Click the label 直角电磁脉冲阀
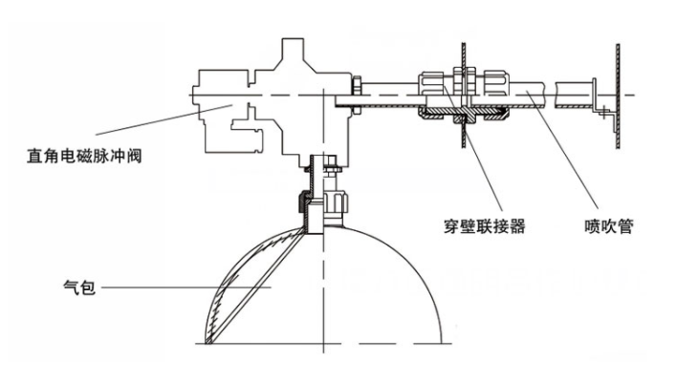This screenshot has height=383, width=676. point(84,156)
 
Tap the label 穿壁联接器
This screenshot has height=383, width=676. point(485,225)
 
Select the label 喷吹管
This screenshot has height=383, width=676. point(609,225)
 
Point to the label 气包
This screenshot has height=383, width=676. point(79,287)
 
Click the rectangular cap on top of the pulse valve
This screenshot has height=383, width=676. point(294,49)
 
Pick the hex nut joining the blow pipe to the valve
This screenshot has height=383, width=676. point(357,95)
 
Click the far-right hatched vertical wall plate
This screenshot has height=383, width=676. point(618,96)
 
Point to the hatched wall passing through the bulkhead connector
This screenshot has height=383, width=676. point(464,96)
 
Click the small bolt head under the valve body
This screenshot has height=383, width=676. point(331,165)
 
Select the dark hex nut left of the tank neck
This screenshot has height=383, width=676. point(303,202)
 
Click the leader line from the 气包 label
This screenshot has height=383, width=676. point(185,287)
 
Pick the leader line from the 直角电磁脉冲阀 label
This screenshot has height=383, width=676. point(164,119)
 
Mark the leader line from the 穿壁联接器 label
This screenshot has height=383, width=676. point(473,148)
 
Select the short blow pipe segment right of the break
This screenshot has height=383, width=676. point(575,95)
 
